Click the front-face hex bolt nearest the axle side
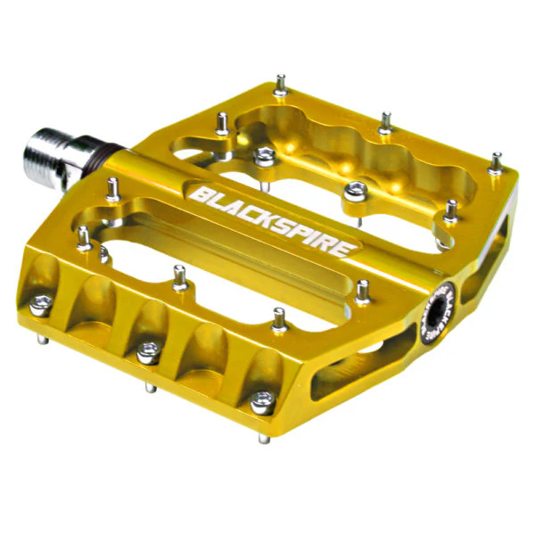point(40,306)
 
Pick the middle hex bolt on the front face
point(148,353)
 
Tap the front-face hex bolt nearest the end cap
point(262,402)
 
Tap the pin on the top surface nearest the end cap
point(363,290)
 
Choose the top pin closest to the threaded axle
point(113,187)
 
